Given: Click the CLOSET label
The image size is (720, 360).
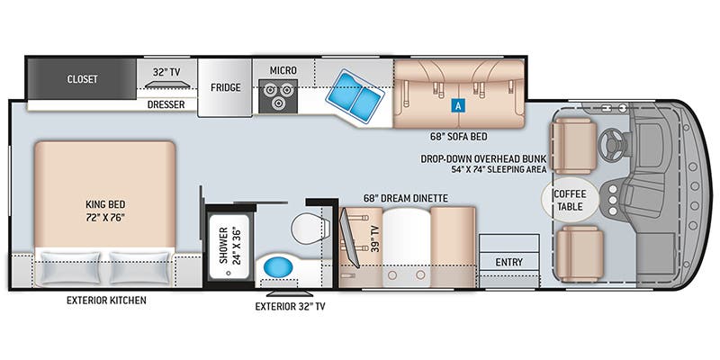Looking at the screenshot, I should (82, 78).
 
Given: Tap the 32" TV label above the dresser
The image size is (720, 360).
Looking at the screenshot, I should (166, 71).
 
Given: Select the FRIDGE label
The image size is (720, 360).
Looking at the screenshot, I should (225, 88).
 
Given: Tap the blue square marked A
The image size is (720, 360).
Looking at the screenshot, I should (458, 104).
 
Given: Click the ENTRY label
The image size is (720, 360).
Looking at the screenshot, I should (508, 262).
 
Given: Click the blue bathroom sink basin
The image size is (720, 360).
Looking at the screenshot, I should (278, 267).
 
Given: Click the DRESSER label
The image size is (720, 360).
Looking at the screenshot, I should (166, 104).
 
